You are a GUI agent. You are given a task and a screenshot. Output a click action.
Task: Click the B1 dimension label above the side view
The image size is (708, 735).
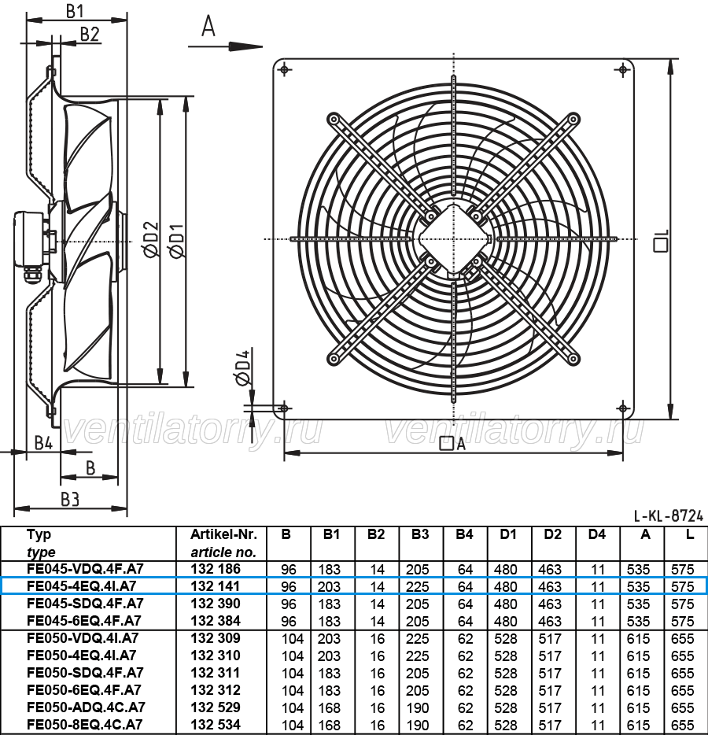[75, 10]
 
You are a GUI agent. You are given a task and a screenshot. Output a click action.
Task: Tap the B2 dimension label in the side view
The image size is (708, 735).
[90, 34]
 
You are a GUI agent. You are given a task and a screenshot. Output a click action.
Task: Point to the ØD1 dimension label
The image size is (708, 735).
[178, 240]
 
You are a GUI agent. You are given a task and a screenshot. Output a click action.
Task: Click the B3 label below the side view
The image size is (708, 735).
[70, 500]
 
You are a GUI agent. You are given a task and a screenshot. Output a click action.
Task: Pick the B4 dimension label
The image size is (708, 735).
[43, 442]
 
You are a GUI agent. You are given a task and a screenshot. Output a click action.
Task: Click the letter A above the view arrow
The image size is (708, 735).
[208, 26]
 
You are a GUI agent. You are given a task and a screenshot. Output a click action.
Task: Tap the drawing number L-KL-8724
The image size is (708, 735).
[669, 516]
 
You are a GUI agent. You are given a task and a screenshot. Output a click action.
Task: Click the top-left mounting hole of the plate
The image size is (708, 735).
[285, 70]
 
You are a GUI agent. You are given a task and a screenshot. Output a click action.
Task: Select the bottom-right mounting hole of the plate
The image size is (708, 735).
[623, 408]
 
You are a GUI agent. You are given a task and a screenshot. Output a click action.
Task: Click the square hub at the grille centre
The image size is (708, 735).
[454, 239]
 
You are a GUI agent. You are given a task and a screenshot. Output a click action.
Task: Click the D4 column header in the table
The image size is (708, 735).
[596, 534]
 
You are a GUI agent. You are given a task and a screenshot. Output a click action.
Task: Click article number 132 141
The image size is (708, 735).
[216, 586]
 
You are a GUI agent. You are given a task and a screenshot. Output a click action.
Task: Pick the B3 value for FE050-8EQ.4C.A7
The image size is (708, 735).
[418, 725]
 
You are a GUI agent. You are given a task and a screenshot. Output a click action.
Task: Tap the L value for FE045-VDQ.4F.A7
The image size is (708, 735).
[682, 569]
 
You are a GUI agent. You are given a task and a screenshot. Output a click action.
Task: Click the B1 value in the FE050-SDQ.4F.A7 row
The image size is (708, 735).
[329, 673]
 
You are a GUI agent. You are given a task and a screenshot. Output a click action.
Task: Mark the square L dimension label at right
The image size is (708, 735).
[661, 241]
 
